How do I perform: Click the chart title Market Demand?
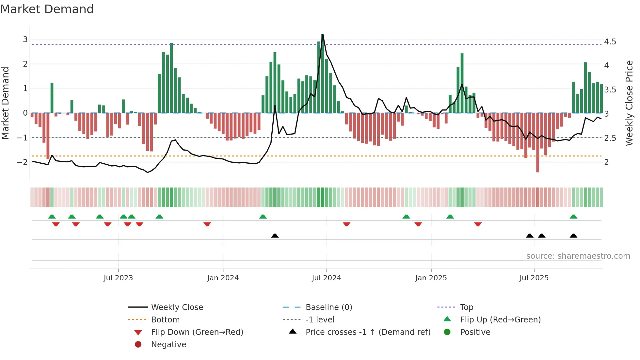coord(47,9)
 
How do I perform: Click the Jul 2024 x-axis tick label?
coord(326,278)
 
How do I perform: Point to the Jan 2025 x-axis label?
coord(431,278)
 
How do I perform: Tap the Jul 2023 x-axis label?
coord(118,278)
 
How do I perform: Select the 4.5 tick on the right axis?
coord(610,42)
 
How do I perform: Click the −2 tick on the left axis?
coord(22,162)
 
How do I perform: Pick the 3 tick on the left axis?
coord(25,40)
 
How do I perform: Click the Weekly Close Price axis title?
coord(629,103)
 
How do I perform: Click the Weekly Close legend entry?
coord(177,307)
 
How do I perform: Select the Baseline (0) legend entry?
coord(328,307)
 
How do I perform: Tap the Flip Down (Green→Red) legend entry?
coord(197,332)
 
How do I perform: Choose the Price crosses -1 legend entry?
coord(368,332)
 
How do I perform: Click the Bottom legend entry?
coord(165,320)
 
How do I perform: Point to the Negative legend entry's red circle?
coord(138,345)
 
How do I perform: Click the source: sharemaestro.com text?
coord(578,256)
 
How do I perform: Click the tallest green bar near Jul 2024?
coord(323,74)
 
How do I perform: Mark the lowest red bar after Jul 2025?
coord(537,142)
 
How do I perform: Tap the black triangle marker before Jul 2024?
coord(275,236)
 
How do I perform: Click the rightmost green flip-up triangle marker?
coord(573,217)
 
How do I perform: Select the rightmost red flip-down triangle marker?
coord(478,224)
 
